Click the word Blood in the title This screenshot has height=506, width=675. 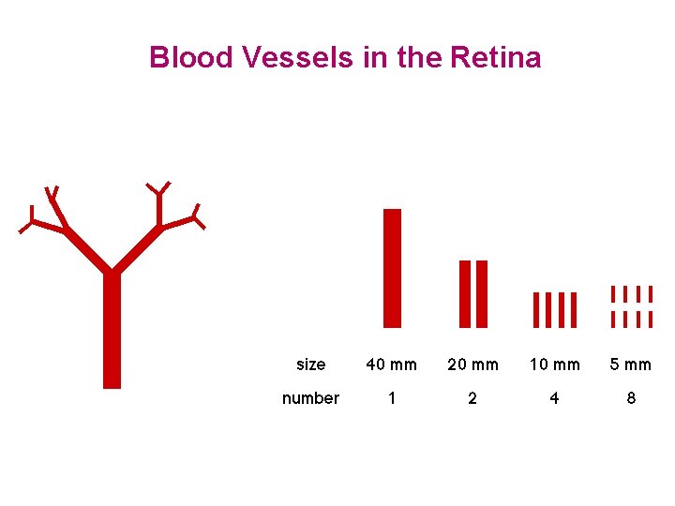[191, 58]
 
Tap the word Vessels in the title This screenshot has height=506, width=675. [297, 58]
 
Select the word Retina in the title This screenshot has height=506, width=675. [495, 58]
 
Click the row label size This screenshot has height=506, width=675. [310, 365]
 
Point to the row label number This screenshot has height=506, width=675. [310, 398]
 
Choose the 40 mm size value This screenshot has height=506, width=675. [392, 365]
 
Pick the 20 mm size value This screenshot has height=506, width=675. [472, 365]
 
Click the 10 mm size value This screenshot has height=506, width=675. [554, 365]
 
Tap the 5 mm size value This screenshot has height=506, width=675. [631, 365]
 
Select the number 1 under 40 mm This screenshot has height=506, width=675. [392, 398]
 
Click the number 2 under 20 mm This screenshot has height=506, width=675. [472, 398]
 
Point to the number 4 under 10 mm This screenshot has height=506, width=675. [554, 398]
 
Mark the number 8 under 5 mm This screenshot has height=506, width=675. [631, 398]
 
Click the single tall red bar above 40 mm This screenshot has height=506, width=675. [392, 267]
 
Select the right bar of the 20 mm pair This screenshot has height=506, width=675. [482, 293]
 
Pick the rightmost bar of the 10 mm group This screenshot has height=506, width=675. [573, 309]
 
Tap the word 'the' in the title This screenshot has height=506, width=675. [419, 58]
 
